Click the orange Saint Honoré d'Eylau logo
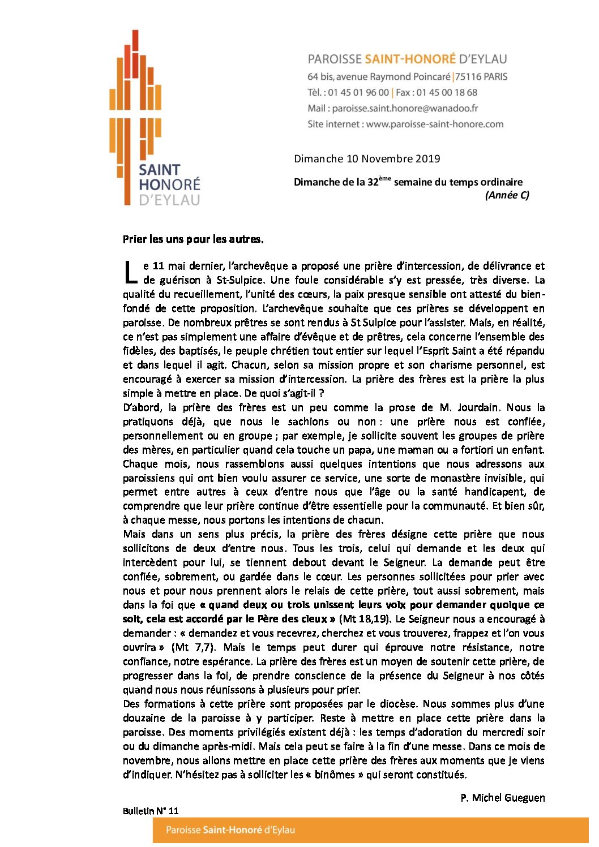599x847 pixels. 154,119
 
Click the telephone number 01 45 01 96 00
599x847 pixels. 358,92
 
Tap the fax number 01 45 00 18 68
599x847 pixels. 447,92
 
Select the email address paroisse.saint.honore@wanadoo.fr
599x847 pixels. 405,108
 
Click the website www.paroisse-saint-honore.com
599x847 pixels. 434,124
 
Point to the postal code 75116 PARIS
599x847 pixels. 482,76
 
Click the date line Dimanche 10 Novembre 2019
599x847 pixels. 367,159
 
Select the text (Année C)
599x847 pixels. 507,195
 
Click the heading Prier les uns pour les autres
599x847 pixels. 193,239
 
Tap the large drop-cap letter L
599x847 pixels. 130,272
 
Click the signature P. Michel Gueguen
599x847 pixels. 502,798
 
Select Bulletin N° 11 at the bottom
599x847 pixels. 151,811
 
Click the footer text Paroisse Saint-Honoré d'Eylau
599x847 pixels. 230,830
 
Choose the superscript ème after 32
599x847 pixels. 385,179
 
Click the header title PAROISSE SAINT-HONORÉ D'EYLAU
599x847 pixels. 407,59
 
